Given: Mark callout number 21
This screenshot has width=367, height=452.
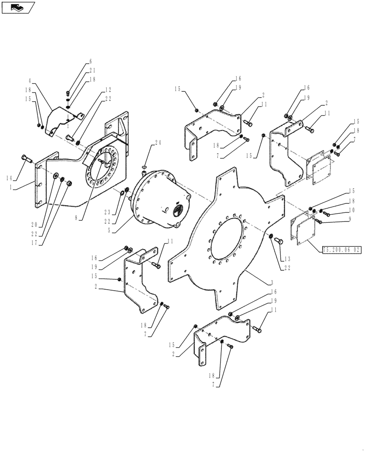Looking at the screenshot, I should point(92,70).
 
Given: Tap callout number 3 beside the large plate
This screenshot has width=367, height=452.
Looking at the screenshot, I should point(272,282).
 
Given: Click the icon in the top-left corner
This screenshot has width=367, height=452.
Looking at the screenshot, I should point(18,7).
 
